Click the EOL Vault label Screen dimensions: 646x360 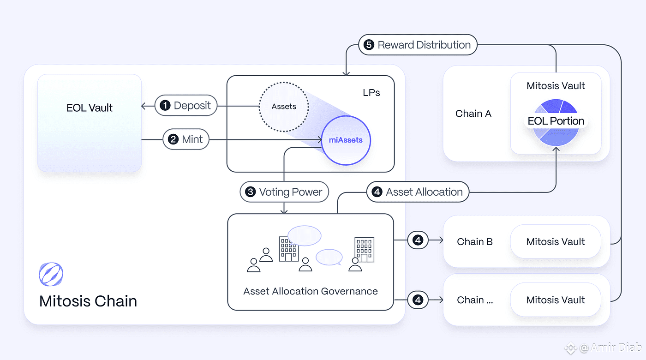coord(90,108)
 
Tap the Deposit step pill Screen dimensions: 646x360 coord(186,106)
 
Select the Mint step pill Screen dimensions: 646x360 coord(186,139)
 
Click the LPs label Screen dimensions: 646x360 coord(371,93)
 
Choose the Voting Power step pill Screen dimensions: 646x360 coord(284,192)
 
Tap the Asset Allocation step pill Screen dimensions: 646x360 coord(418,192)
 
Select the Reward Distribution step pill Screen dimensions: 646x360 coord(418,45)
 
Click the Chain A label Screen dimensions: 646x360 coord(473,114)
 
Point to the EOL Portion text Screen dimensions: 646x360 coord(556,121)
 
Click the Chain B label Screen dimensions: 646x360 coord(475,242)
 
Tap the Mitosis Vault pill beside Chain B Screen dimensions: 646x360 coord(556,241)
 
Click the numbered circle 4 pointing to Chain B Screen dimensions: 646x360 coord(418,240)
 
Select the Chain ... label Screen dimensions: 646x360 coord(475,300)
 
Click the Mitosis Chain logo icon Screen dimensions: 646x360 coord(51,274)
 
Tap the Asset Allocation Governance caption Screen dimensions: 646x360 coord(310,291)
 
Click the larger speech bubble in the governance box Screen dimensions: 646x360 coord(305,236)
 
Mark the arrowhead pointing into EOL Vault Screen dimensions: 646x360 coord(144,106)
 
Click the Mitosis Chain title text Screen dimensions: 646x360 coord(88,301)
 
